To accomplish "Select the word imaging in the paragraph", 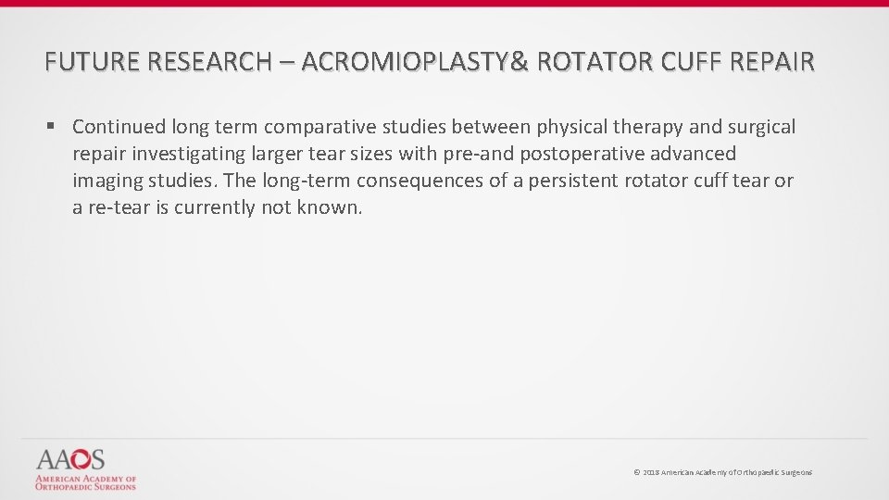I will pyautogui.click(x=106, y=181).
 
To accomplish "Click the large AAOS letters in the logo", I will pyautogui.click(x=70, y=460).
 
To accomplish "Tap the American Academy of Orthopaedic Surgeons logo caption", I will pyautogui.click(x=85, y=482).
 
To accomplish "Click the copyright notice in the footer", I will pyautogui.click(x=722, y=472).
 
